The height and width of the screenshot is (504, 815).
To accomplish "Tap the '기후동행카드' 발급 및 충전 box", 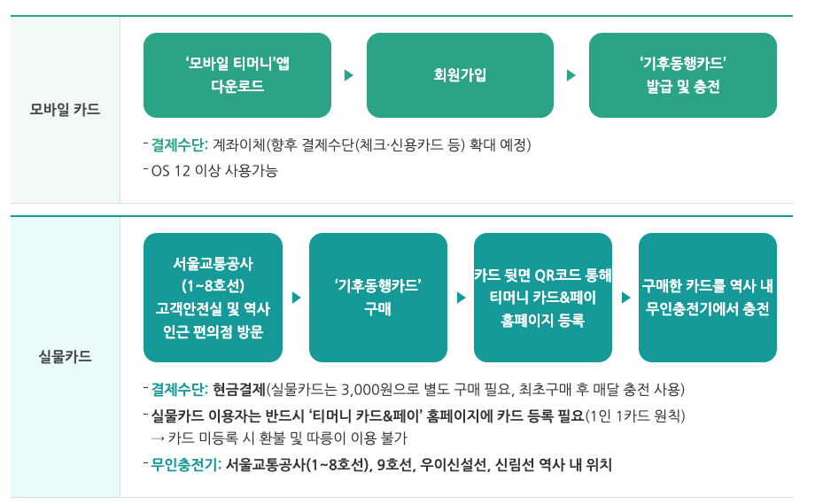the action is (x=682, y=75).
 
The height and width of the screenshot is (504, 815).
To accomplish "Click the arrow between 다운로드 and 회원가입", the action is (x=349, y=75).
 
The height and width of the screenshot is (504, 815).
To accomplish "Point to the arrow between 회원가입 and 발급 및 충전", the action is (x=571, y=75).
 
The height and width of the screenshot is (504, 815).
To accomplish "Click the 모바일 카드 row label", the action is (x=65, y=111).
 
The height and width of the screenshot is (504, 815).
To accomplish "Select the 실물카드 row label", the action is (x=65, y=358).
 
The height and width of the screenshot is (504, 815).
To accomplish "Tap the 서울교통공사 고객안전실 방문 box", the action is (x=213, y=298).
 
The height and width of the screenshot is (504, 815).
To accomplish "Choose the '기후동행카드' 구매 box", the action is (x=377, y=298).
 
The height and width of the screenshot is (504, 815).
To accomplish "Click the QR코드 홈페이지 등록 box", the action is (x=543, y=298).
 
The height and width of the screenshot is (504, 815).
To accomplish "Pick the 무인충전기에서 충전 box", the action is (x=708, y=298).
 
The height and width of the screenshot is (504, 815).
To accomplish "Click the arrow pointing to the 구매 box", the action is (x=296, y=298).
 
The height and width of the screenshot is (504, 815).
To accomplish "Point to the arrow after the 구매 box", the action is (x=461, y=298).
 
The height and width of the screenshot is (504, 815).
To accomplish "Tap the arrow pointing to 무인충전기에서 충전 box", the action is (x=625, y=298).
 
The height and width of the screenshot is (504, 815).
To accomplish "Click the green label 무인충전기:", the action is (x=186, y=464).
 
